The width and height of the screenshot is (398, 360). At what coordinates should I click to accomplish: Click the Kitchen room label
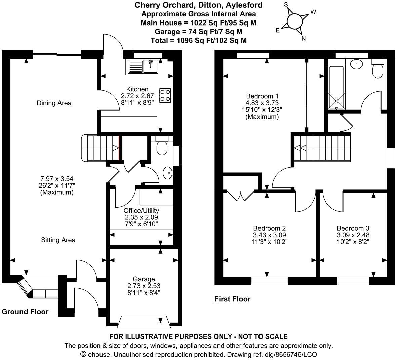(x=137, y=89)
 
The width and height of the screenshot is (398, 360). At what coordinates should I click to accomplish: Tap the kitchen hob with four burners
(x=165, y=95)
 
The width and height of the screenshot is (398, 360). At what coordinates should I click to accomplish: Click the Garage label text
(x=144, y=279)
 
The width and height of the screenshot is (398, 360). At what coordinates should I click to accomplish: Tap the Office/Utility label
(x=141, y=211)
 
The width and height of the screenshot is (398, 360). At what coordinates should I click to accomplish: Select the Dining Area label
(x=54, y=103)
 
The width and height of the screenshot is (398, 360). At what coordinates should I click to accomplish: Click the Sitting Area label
(x=58, y=240)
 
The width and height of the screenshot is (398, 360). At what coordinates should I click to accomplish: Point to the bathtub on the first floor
(x=336, y=87)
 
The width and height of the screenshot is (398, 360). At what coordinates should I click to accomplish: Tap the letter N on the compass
(x=304, y=39)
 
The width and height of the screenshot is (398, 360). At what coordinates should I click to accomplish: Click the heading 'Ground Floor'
(x=25, y=312)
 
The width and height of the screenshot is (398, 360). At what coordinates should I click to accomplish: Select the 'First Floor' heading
(x=233, y=299)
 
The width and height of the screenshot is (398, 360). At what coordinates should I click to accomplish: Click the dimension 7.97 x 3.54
(x=57, y=179)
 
